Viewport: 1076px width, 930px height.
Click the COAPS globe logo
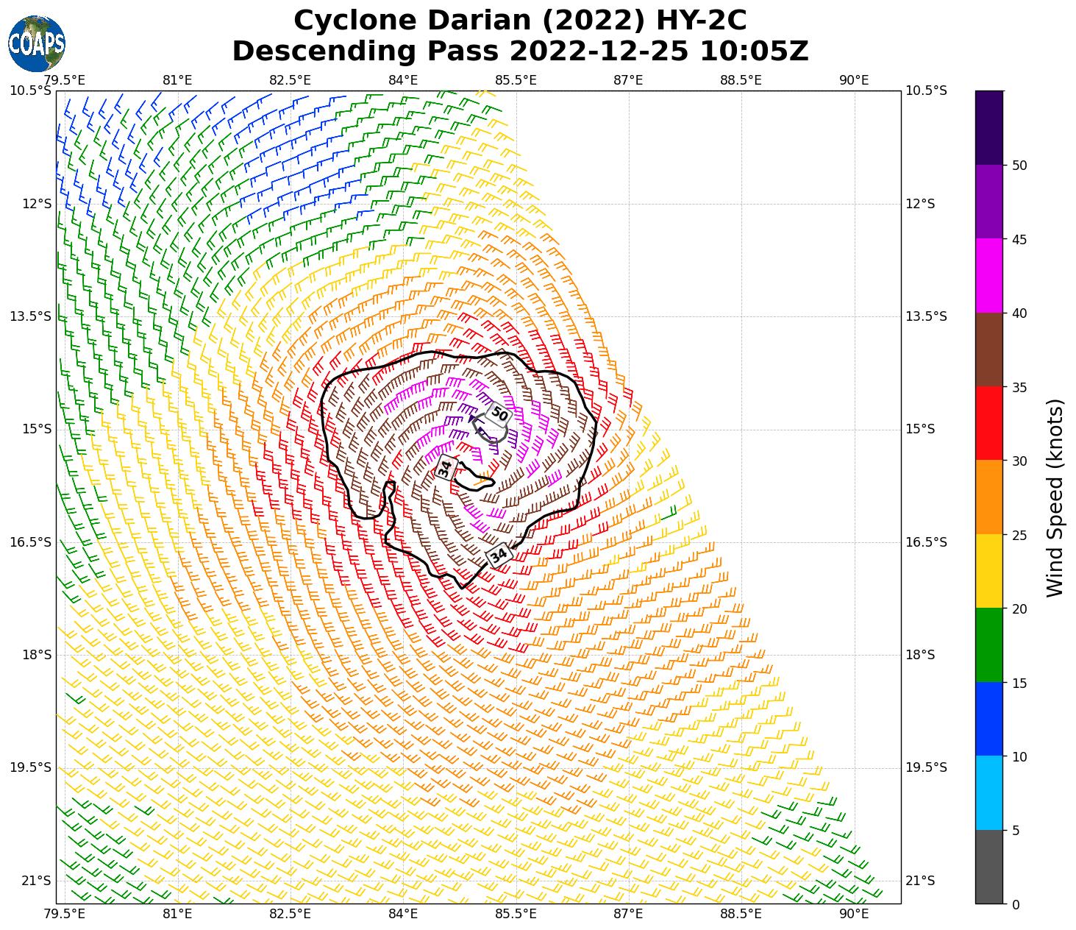(x=36, y=43)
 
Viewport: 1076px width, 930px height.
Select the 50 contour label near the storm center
(x=499, y=413)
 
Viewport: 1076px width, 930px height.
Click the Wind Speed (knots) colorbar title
(x=1055, y=497)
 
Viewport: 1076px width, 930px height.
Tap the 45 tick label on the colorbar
(x=1019, y=239)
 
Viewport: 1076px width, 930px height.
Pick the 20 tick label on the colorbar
(x=1019, y=608)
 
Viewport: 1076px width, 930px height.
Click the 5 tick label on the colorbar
(x=1016, y=831)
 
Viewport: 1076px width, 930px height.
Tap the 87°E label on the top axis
(x=628, y=80)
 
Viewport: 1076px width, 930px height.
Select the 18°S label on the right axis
(x=920, y=655)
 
